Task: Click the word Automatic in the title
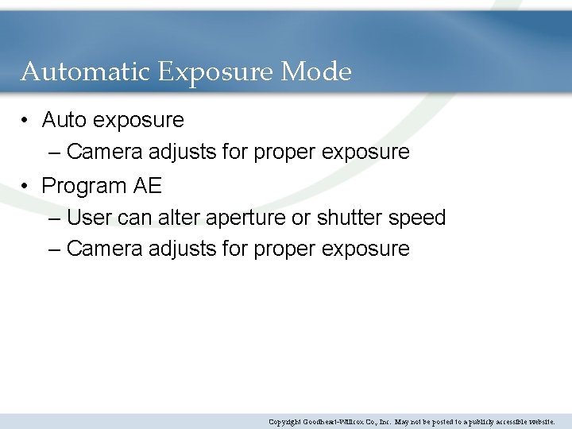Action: click(86, 72)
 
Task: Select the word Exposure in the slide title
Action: click(217, 73)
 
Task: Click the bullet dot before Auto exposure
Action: click(26, 120)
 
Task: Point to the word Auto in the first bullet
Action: click(64, 120)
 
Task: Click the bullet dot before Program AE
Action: click(26, 186)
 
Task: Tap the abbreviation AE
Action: click(147, 186)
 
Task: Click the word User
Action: click(90, 218)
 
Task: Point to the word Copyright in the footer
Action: click(284, 422)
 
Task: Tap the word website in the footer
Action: click(539, 422)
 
